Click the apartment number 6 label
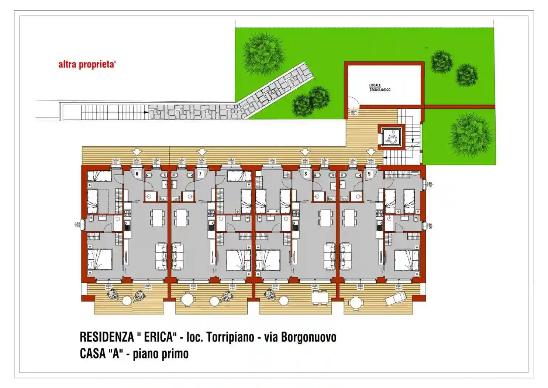point(137,174)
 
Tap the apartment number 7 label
point(200,174)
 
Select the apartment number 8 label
point(306,174)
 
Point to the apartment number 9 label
point(369,174)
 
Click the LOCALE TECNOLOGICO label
point(380,88)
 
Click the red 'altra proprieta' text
point(87,65)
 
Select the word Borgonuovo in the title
point(309,337)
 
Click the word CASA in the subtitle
point(93,354)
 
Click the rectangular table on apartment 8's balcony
point(320,297)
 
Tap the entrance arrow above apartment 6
point(137,152)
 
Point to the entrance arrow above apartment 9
point(370,152)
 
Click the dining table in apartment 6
point(158,218)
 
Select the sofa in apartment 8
point(330,256)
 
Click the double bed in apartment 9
point(406,260)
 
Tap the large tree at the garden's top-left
point(263,52)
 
